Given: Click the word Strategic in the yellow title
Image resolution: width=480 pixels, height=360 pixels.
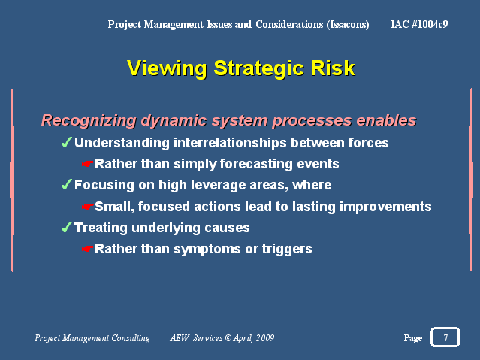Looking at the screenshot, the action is [x=258, y=68].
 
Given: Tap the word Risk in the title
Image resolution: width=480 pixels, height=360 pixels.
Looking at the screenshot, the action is [x=333, y=68].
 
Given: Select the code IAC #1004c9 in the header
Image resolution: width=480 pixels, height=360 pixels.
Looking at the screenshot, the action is [x=419, y=24].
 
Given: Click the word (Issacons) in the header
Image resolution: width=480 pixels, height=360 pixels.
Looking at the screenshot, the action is [x=348, y=25].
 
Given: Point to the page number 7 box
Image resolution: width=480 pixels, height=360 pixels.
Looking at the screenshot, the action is [x=445, y=337].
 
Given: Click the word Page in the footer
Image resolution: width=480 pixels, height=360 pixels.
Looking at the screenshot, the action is [x=413, y=338].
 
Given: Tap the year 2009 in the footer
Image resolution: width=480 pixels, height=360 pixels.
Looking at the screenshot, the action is [x=265, y=338].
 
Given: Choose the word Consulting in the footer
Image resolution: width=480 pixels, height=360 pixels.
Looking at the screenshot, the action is [x=131, y=338].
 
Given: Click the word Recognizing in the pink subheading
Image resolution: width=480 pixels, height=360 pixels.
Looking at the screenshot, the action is [x=89, y=121].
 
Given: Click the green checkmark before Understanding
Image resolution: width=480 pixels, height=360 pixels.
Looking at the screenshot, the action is [x=67, y=142].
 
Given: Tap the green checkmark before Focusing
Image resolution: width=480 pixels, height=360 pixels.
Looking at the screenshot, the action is [x=67, y=184].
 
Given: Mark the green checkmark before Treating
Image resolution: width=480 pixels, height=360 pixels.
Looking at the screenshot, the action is [x=67, y=227].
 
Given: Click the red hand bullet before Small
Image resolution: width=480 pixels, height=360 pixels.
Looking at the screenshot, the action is [x=88, y=207].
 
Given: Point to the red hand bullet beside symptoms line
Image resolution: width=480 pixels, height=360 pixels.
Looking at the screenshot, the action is [x=88, y=249].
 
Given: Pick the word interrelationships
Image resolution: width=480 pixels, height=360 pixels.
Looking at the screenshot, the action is [x=230, y=143].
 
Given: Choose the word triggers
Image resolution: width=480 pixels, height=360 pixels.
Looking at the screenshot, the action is [x=287, y=249].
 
